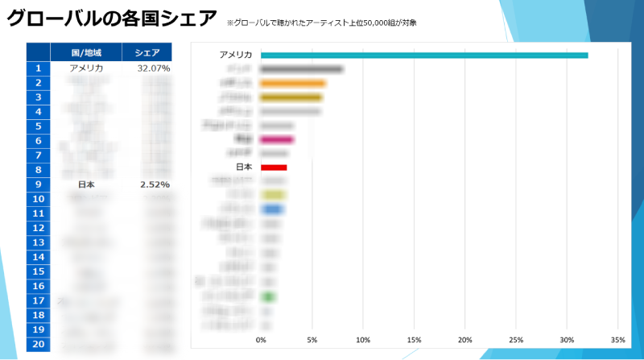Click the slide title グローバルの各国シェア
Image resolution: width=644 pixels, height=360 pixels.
pyautogui.click(x=112, y=19)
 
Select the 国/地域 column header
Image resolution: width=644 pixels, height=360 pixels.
pyautogui.click(x=86, y=52)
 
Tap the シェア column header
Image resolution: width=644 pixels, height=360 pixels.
pyautogui.click(x=147, y=52)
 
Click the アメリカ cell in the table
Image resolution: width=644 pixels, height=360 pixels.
pyautogui.click(x=86, y=68)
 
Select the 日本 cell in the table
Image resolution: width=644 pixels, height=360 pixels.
pyautogui.click(x=86, y=184)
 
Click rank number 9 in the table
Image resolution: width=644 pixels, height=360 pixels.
pyautogui.click(x=38, y=184)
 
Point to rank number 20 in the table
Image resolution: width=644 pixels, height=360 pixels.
pyautogui.click(x=38, y=344)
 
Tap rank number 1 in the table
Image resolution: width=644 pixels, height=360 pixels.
pyautogui.click(x=38, y=68)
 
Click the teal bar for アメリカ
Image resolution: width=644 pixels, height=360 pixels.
pyautogui.click(x=424, y=55)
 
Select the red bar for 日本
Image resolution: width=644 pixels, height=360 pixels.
pyautogui.click(x=274, y=168)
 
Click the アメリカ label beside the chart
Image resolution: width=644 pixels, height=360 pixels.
pyautogui.click(x=236, y=55)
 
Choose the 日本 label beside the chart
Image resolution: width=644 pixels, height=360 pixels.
pyautogui.click(x=244, y=168)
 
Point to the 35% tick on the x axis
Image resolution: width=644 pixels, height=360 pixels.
pyautogui.click(x=618, y=339)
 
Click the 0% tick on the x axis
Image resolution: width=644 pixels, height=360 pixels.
pyautogui.click(x=261, y=339)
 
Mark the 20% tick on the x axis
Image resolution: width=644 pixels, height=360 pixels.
pyautogui.click(x=465, y=339)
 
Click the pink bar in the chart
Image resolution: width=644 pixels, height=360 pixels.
pyautogui.click(x=277, y=139)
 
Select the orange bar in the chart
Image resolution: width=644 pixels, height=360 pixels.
pyautogui.click(x=293, y=83)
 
